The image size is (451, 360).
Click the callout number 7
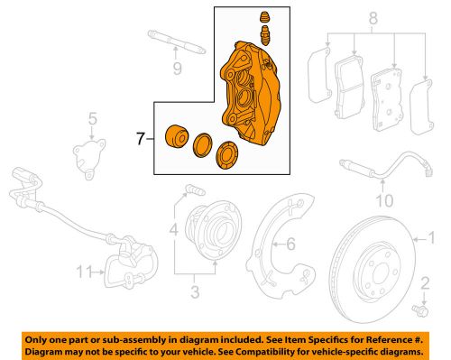click(x=138, y=140)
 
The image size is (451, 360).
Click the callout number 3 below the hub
click(x=193, y=291)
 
